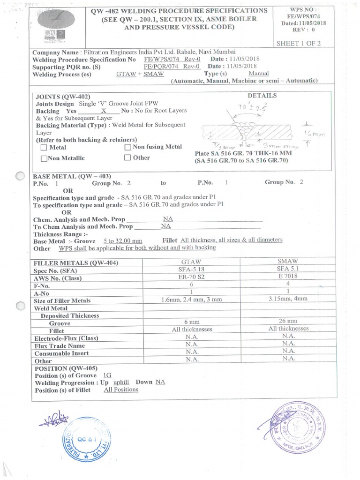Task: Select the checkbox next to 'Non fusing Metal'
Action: click(x=127, y=147)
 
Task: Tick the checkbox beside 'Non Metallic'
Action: click(x=44, y=158)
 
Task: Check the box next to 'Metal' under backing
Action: click(x=44, y=148)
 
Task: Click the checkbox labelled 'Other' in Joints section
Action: click(x=127, y=158)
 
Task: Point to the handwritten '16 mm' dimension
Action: click(x=310, y=134)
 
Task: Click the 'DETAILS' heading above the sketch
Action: click(x=262, y=95)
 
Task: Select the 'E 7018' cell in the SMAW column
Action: click(x=288, y=277)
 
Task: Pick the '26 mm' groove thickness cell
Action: click(x=288, y=321)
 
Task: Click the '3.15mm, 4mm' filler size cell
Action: click(x=288, y=299)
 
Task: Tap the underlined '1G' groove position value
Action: click(x=106, y=375)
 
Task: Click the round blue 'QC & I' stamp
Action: click(x=83, y=442)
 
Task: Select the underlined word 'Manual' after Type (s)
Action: click(x=258, y=74)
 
